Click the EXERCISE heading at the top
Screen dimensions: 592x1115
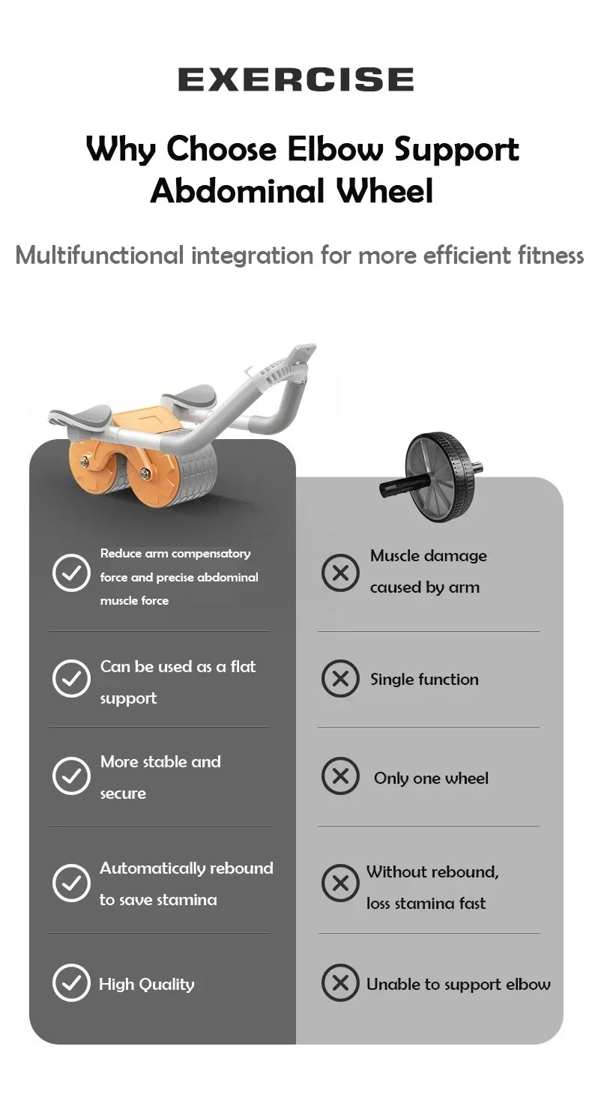tap(296, 79)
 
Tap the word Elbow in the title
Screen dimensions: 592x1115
tap(335, 149)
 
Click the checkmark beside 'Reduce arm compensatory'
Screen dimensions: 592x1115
tap(71, 572)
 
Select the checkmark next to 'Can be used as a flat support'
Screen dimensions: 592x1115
tap(71, 678)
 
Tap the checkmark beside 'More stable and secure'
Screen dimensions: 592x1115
tap(71, 776)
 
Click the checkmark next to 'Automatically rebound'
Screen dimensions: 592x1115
tap(71, 883)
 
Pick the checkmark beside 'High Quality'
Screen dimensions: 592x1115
tap(71, 982)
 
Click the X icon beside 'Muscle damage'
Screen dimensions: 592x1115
tap(340, 573)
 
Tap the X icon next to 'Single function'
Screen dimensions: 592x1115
tap(340, 678)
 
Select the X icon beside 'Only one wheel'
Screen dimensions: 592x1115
tap(340, 776)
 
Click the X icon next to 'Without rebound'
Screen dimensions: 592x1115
tap(340, 883)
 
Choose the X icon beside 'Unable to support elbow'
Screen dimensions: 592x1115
tap(340, 982)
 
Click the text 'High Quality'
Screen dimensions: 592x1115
tap(147, 985)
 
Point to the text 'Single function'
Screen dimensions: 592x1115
tap(424, 680)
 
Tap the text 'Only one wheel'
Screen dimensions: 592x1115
tap(431, 779)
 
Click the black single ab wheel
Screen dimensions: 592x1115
tap(431, 477)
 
